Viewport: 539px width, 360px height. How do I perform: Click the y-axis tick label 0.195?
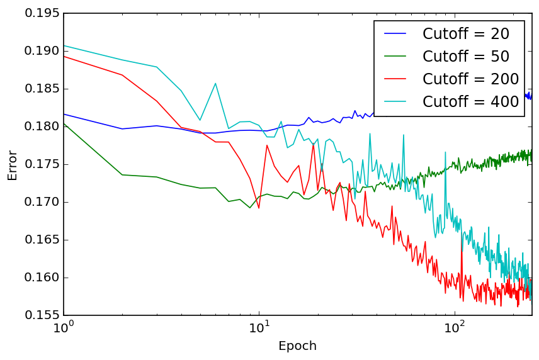(x=41, y=13)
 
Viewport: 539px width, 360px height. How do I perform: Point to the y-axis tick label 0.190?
(x=41, y=51)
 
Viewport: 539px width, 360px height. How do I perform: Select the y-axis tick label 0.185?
(x=41, y=89)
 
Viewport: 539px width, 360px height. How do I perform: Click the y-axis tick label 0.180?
(x=41, y=127)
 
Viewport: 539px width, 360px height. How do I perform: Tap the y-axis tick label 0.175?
(x=41, y=164)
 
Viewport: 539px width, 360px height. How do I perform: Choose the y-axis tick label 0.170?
(x=41, y=202)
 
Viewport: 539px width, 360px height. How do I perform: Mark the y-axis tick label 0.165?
(x=41, y=240)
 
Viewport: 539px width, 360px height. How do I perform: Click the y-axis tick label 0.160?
(x=41, y=278)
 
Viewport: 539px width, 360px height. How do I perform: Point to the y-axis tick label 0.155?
(x=41, y=315)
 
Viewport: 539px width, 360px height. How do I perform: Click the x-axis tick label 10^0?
(x=64, y=328)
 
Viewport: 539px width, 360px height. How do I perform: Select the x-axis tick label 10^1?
(x=259, y=328)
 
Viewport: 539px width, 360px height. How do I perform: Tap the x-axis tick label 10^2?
(x=454, y=328)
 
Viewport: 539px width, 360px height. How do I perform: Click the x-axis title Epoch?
(x=297, y=346)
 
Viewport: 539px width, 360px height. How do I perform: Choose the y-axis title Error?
(x=13, y=164)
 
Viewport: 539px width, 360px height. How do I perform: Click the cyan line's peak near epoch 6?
(x=215, y=83)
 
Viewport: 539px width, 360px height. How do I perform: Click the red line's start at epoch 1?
(x=64, y=56)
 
